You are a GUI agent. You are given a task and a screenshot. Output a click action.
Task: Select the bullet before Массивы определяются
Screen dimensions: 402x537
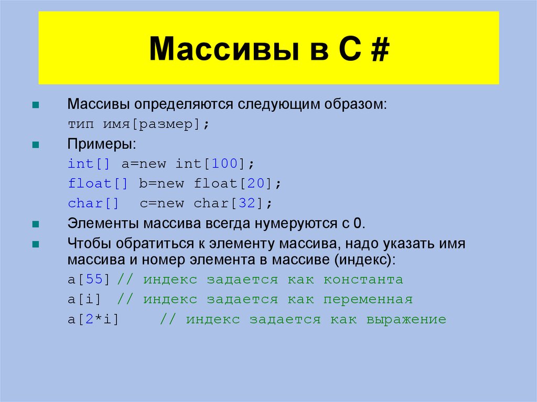pyautogui.click(x=36, y=105)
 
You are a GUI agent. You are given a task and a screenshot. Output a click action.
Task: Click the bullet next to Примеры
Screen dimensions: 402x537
pyautogui.click(x=36, y=145)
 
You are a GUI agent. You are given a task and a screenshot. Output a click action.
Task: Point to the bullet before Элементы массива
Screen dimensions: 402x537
pyautogui.click(x=36, y=224)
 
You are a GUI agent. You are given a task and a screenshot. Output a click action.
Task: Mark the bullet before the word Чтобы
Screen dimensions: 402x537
pyautogui.click(x=36, y=244)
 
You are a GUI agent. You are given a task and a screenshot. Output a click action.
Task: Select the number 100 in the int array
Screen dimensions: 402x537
pyautogui.click(x=225, y=164)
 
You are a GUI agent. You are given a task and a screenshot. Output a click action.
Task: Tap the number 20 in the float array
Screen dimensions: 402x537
pyautogui.click(x=257, y=184)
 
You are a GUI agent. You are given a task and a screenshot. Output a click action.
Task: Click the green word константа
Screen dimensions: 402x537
pyautogui.click(x=363, y=279)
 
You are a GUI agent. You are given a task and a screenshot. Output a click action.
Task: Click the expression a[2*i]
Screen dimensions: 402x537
pyautogui.click(x=94, y=319)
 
